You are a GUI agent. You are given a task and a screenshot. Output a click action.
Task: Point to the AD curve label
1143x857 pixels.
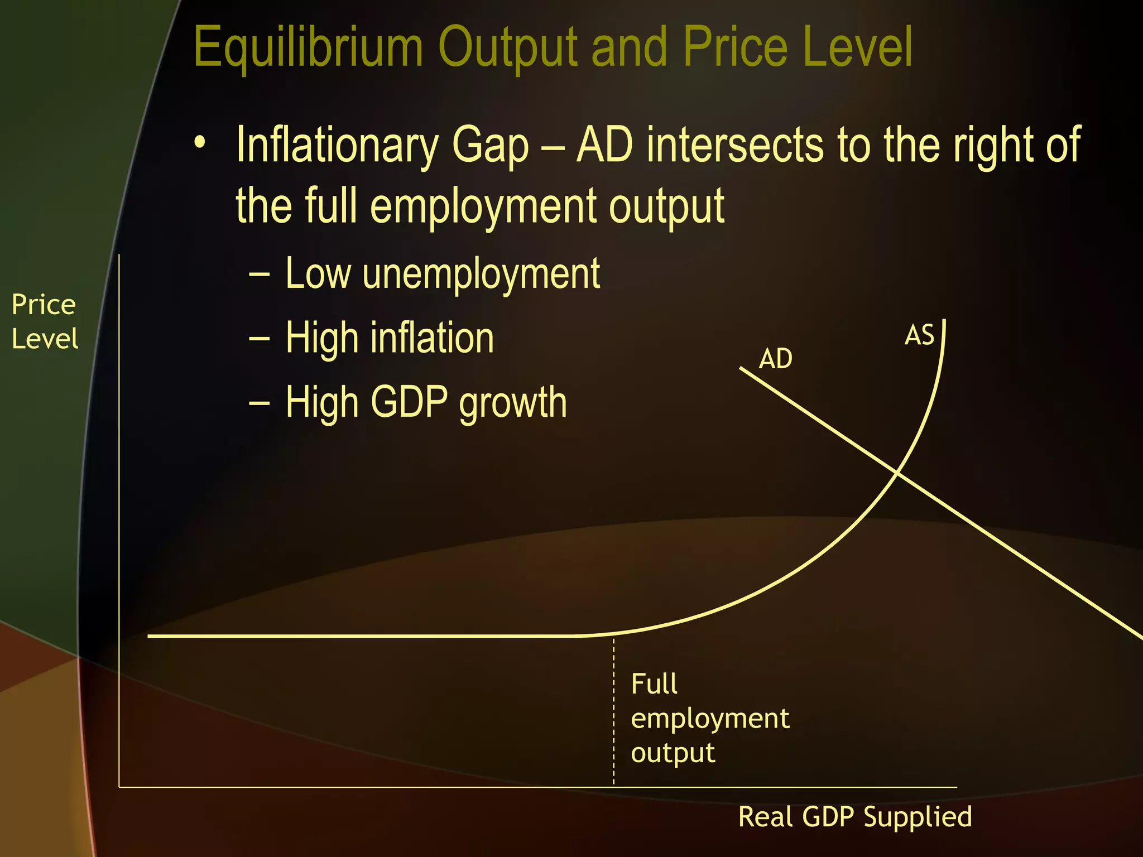click(x=775, y=359)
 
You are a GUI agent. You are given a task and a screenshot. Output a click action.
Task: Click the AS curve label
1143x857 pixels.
click(x=919, y=336)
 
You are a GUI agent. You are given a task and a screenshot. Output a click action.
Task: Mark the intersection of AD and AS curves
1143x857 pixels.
click(x=897, y=473)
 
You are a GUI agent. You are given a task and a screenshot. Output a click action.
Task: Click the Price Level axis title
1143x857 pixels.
click(x=44, y=322)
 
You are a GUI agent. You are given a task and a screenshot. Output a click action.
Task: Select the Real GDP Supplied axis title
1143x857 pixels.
click(x=855, y=817)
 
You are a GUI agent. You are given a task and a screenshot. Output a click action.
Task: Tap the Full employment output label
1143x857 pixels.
click(x=709, y=718)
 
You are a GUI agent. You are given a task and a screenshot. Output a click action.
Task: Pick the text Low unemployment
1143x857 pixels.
click(x=442, y=273)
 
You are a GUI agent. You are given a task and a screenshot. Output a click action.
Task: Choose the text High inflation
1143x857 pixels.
click(x=390, y=338)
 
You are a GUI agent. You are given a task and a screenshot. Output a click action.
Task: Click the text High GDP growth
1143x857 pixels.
click(x=426, y=402)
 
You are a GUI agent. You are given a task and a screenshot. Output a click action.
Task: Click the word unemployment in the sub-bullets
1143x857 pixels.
click(x=481, y=273)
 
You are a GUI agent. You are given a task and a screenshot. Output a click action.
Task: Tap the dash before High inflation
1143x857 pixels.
click(x=260, y=339)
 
